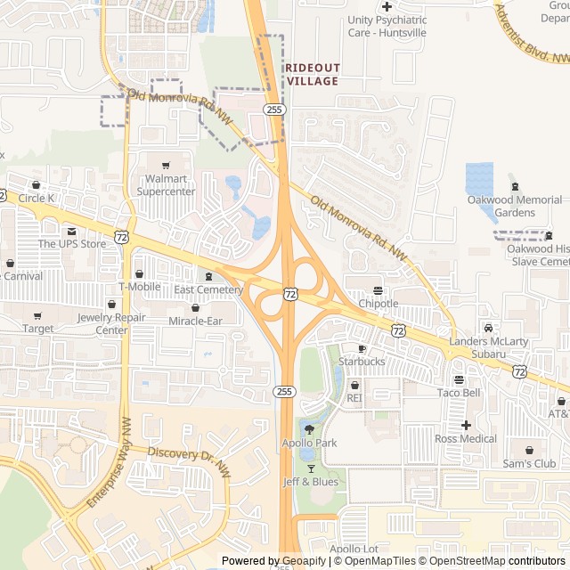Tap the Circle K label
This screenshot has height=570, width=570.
pyautogui.click(x=37, y=198)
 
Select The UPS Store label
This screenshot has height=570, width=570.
pyautogui.click(x=71, y=243)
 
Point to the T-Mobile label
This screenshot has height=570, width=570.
pyautogui.click(x=140, y=287)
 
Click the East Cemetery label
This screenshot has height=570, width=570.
pyautogui.click(x=208, y=289)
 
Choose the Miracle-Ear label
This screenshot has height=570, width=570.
pyautogui.click(x=195, y=320)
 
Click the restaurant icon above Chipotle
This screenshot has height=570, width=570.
pyautogui.click(x=379, y=290)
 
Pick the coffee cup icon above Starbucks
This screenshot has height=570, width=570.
pyautogui.click(x=362, y=348)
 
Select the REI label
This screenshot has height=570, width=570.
pyautogui.click(x=354, y=398)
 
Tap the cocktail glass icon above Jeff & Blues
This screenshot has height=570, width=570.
pyautogui.click(x=311, y=468)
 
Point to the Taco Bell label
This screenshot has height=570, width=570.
pyautogui.click(x=459, y=392)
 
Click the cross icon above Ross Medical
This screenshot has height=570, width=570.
pyautogui.click(x=466, y=425)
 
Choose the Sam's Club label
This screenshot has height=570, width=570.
pyautogui.click(x=529, y=463)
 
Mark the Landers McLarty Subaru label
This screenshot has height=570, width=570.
pyautogui.click(x=488, y=347)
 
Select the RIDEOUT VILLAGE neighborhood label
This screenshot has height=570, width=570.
pyautogui.click(x=312, y=74)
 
